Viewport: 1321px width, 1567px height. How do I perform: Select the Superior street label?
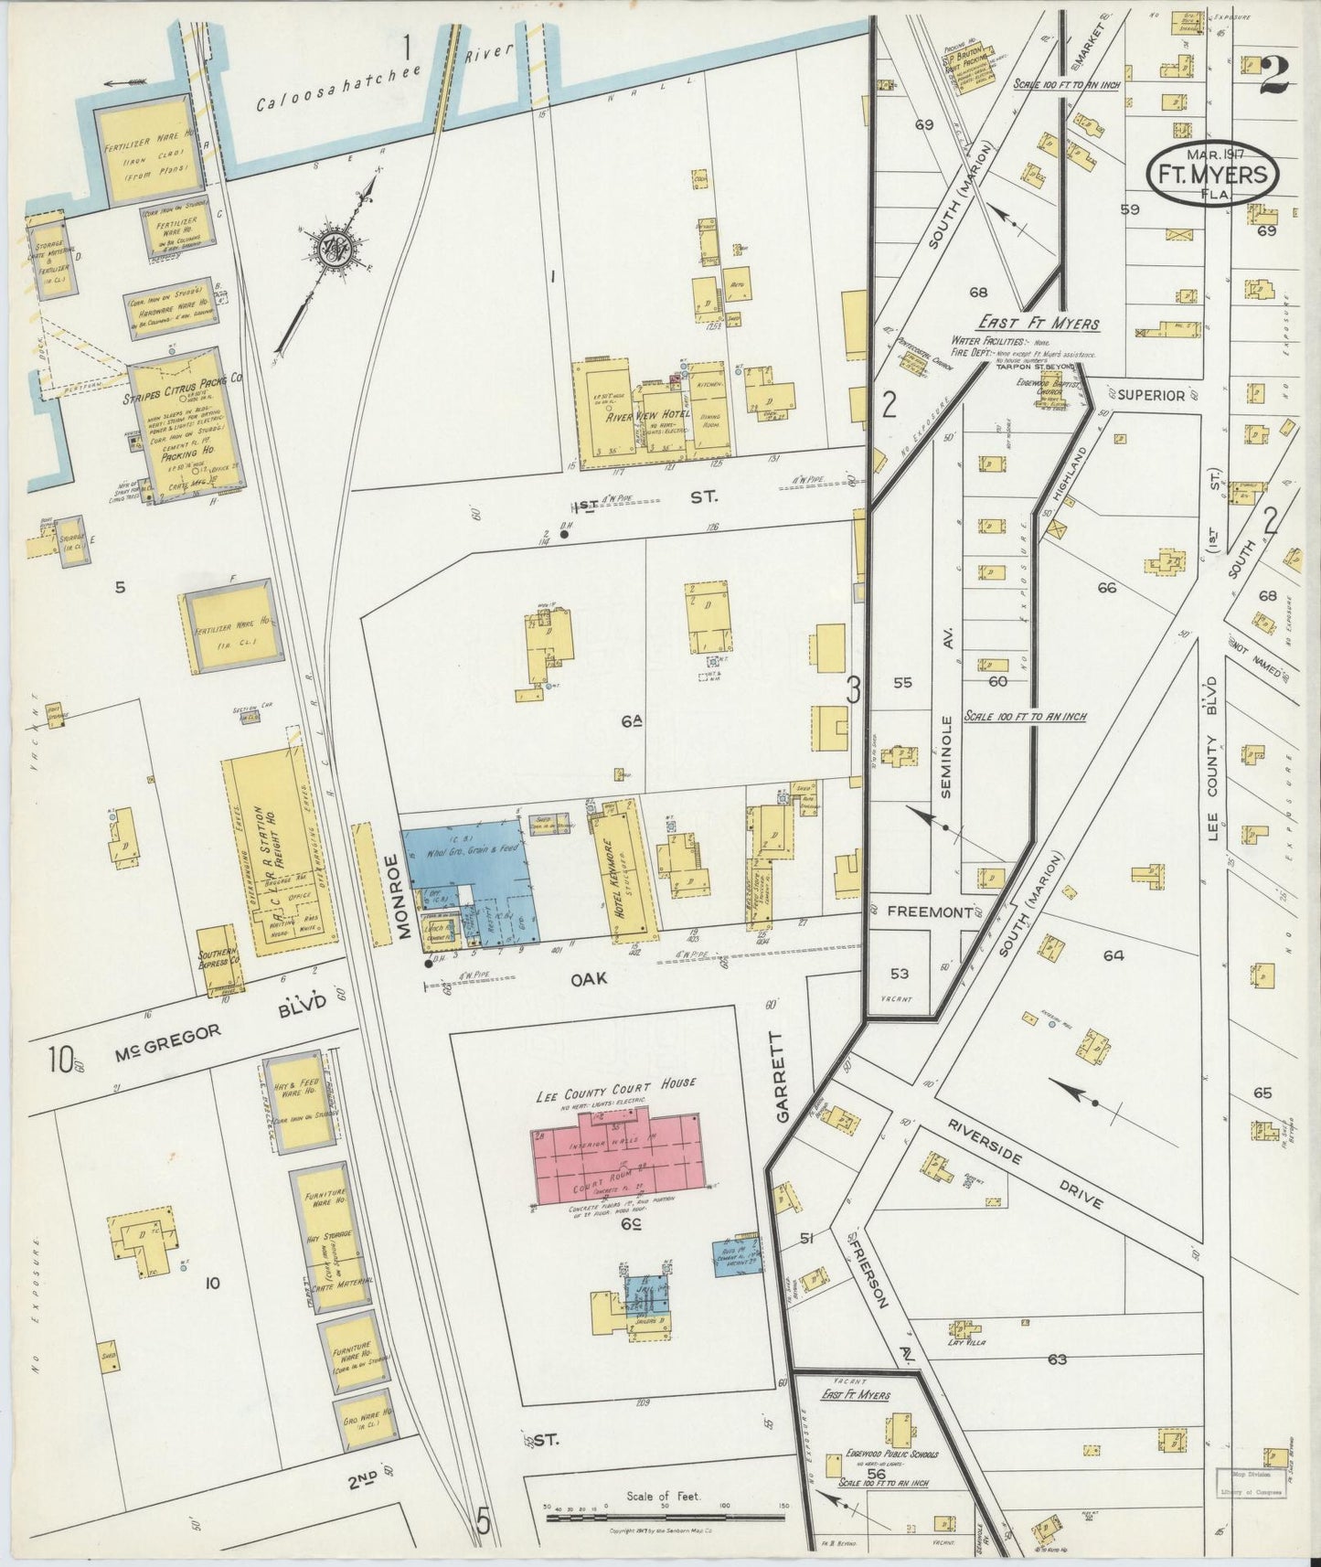click(x=1151, y=396)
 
